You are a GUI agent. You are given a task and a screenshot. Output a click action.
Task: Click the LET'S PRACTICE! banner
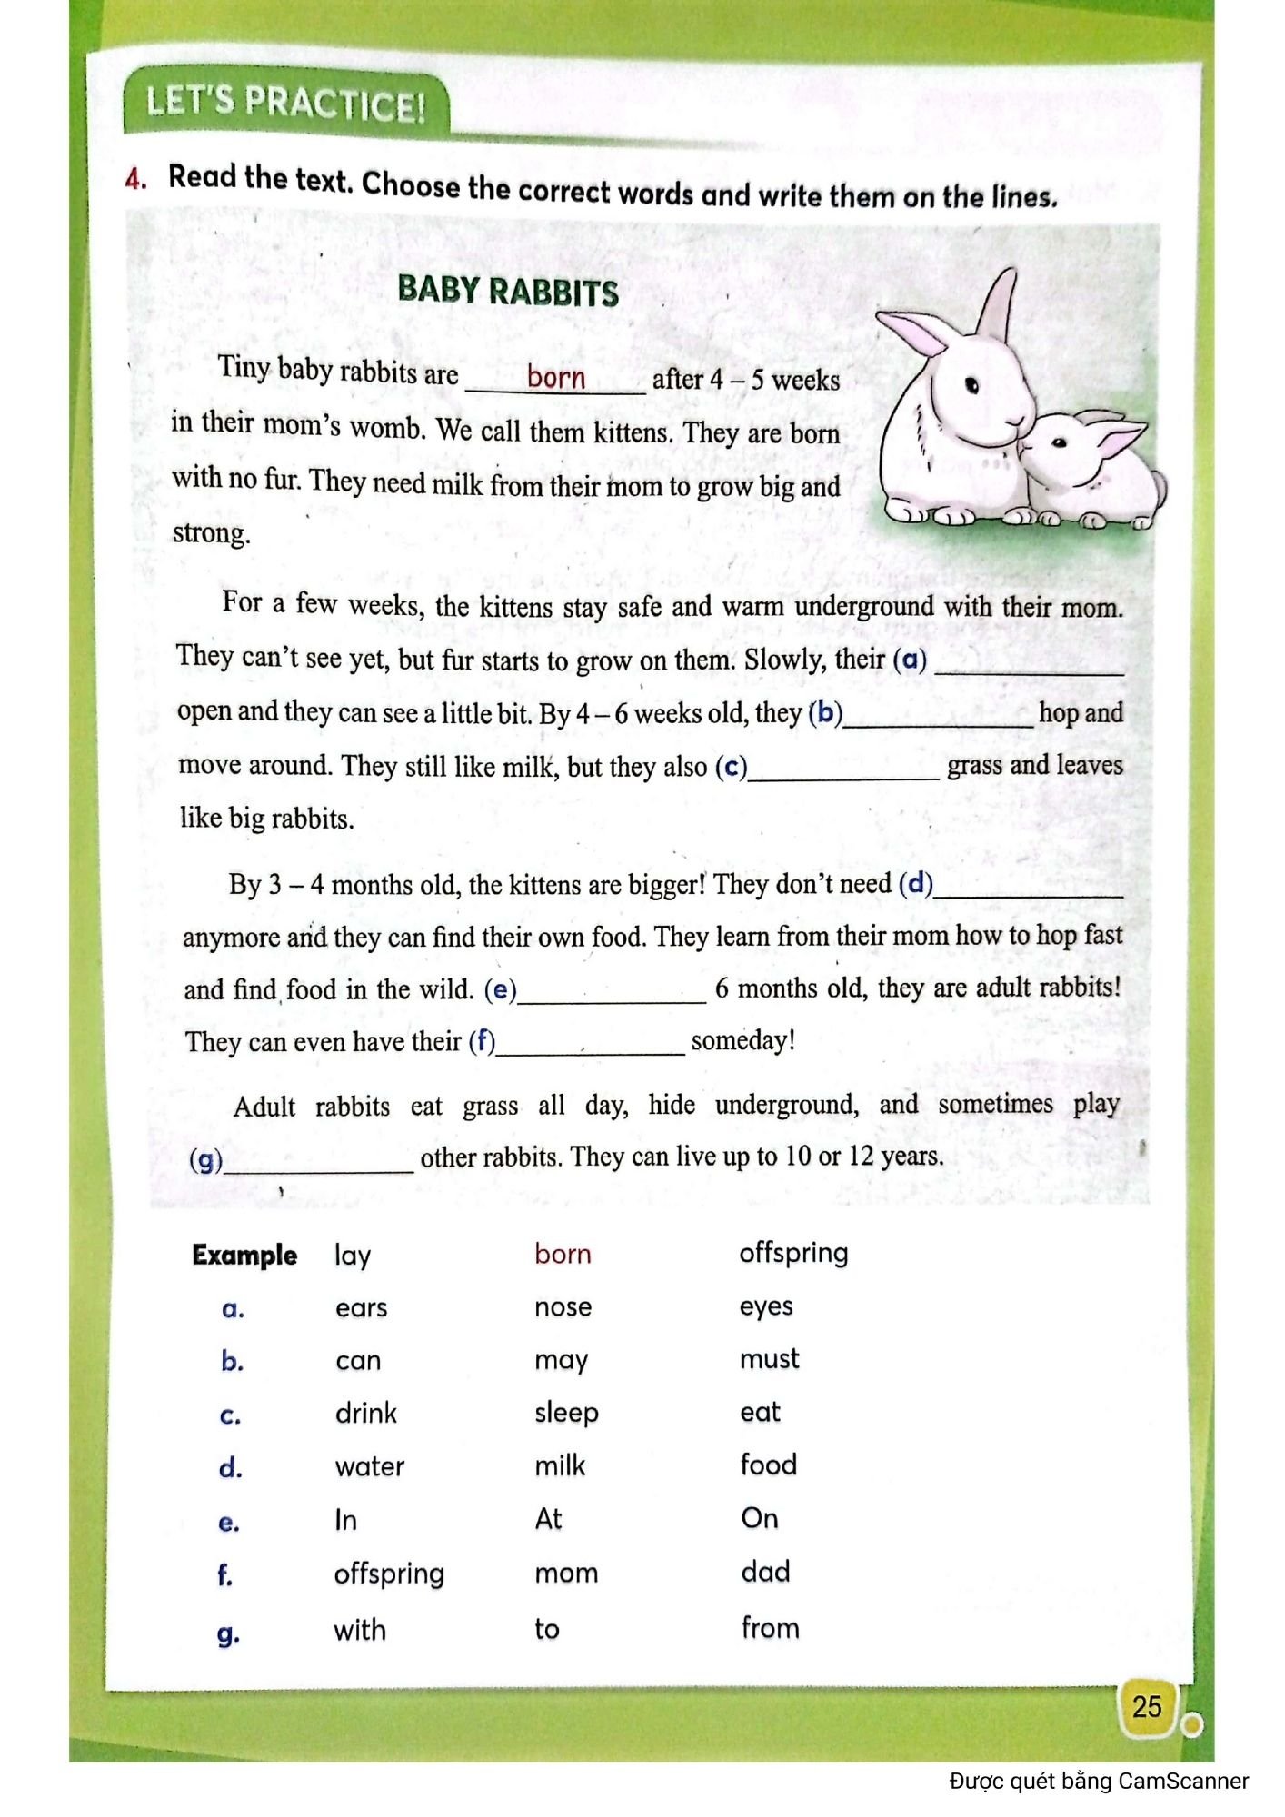(285, 103)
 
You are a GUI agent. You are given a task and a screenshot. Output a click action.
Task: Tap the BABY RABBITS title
(508, 292)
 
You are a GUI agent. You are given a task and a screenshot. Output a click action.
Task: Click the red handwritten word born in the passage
(556, 377)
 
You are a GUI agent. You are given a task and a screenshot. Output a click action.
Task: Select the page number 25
(1147, 1706)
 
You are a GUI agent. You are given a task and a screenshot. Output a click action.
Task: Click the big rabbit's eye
(971, 385)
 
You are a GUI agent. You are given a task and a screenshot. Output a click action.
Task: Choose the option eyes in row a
(765, 1306)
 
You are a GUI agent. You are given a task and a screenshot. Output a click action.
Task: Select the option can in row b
(358, 1361)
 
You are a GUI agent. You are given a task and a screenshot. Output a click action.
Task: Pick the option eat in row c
(760, 1413)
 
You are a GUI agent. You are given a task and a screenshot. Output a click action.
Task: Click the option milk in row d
(560, 1465)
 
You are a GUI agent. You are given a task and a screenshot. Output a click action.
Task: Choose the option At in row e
(548, 1519)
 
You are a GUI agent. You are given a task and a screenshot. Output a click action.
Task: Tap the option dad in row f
(765, 1572)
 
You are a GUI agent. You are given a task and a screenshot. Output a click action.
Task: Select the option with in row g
(360, 1630)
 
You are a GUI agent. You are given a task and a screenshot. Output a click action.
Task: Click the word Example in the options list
(244, 1256)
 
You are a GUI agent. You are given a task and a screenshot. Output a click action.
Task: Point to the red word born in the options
(563, 1255)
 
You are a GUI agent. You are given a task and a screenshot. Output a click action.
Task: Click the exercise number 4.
(135, 179)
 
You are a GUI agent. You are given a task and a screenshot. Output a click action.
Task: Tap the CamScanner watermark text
(1099, 1782)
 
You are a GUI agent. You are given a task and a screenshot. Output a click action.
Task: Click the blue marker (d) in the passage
(915, 883)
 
